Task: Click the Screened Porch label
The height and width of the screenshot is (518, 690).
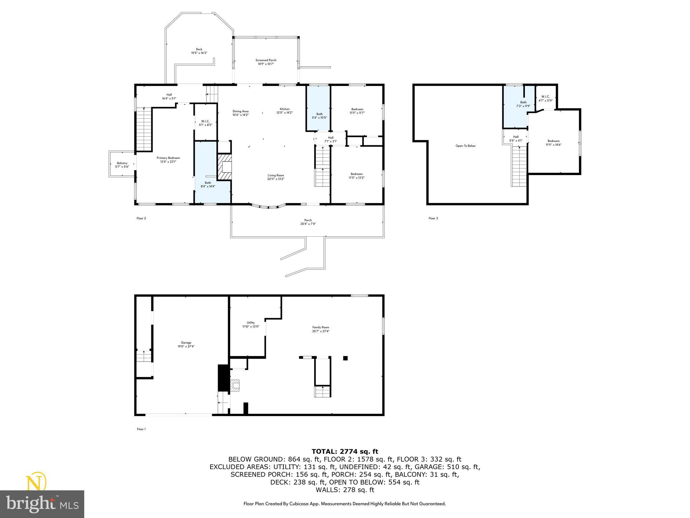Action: (266, 62)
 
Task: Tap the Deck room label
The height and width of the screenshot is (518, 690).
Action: (199, 51)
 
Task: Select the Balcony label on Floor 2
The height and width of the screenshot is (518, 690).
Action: (122, 165)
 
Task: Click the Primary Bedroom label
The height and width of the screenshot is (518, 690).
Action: (168, 160)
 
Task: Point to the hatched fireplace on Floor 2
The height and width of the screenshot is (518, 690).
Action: (225, 167)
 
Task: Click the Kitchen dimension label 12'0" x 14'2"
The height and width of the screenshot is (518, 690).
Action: (284, 113)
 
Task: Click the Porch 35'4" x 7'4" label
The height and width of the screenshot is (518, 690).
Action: (308, 222)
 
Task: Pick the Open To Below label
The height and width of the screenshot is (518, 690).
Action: (465, 146)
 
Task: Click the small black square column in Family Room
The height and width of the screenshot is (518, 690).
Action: (345, 358)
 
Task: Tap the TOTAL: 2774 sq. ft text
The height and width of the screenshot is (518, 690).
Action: (345, 452)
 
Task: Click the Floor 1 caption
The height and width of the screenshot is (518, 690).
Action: (141, 429)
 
